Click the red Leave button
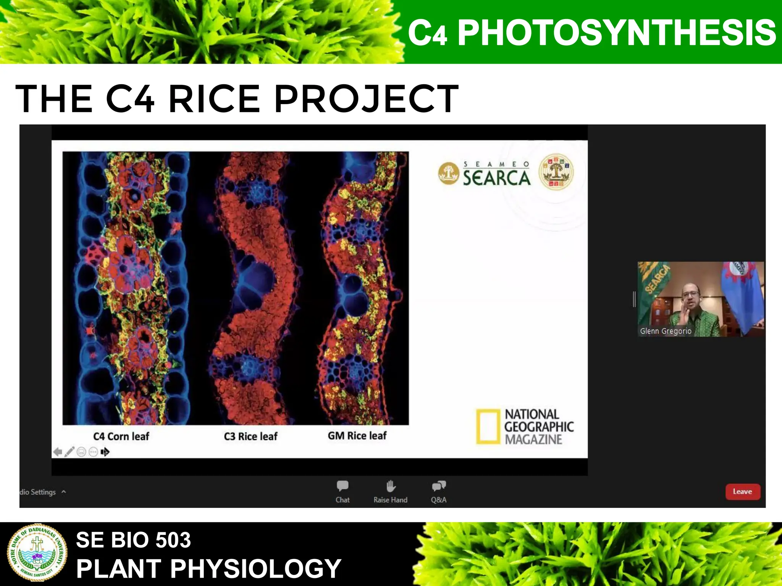point(742,491)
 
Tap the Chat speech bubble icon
point(343,486)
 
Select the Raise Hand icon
point(391,486)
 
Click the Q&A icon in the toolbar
point(439,486)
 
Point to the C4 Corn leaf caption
point(121,436)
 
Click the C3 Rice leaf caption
point(250,436)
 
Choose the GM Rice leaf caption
point(357,436)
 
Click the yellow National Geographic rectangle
point(488,427)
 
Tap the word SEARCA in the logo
point(497,178)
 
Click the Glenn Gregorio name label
point(666,331)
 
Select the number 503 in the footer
point(173,540)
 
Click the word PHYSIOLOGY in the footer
point(255,569)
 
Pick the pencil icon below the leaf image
point(69,452)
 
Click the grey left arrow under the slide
point(58,452)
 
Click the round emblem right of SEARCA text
point(556,172)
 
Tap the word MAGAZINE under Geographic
point(533,439)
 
